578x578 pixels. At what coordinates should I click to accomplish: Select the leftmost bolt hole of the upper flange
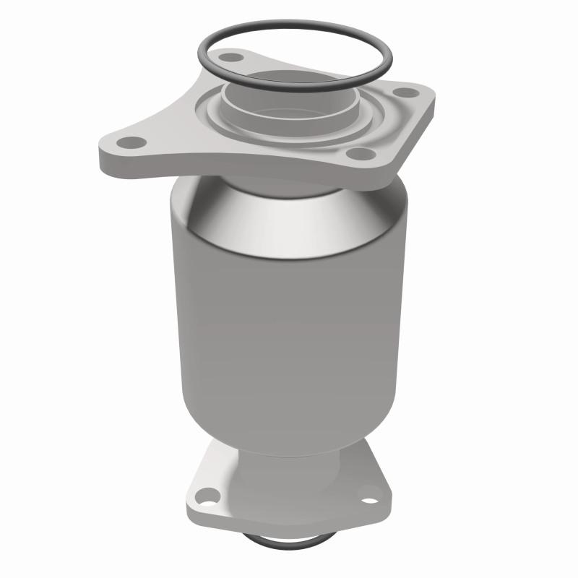click(130, 142)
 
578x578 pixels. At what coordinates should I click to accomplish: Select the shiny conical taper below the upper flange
click(289, 217)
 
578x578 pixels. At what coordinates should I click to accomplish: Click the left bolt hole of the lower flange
click(207, 496)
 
